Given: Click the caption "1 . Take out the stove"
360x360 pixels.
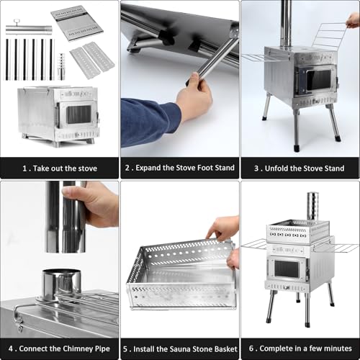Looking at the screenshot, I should (x=59, y=168).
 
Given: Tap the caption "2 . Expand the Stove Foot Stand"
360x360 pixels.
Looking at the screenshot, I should (x=179, y=168).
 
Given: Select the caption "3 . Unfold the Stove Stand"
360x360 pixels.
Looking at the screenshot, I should (x=300, y=168).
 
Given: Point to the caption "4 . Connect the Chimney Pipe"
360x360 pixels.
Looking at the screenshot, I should (x=60, y=348).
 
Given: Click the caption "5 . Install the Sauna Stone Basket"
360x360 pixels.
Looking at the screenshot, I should (x=179, y=348).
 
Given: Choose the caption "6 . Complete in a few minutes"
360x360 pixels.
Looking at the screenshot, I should (x=300, y=348).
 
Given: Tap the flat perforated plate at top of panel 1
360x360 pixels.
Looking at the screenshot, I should (x=77, y=23).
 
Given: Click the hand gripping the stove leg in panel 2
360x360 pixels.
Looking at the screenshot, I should (x=195, y=100).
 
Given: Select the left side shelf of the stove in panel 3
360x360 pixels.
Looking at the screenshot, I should (x=255, y=57).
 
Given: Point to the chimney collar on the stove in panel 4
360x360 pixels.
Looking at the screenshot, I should (x=60, y=283).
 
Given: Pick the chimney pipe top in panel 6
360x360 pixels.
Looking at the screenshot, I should (x=312, y=204).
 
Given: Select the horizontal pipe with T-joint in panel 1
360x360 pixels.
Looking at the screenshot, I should (x=28, y=30).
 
